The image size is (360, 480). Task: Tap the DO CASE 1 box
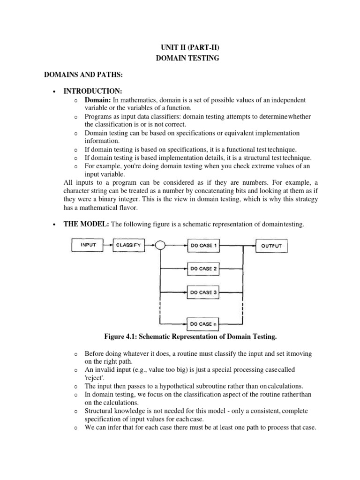pos(203,245)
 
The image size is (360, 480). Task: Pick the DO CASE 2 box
pos(203,269)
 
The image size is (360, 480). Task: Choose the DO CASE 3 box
pos(203,292)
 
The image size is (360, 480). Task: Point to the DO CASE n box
pos(203,323)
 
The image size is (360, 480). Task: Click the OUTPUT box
pos(271,245)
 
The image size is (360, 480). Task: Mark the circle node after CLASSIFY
pos(160,245)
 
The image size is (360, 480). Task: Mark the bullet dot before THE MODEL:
pos(55,225)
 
